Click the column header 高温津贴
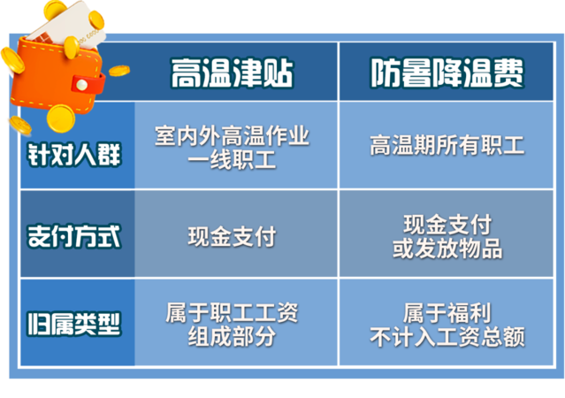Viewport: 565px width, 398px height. tap(232, 73)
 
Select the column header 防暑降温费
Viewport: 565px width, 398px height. tap(447, 73)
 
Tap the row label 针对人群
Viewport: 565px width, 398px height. tap(74, 155)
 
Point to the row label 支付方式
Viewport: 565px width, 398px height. tap(74, 236)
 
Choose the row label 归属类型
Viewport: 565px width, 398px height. tap(74, 324)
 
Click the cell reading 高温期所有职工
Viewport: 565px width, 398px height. tap(447, 145)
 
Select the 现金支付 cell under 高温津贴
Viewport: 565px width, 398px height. tap(232, 236)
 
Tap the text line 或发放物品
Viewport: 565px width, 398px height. tap(447, 249)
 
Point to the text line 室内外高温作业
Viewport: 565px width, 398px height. tap(232, 135)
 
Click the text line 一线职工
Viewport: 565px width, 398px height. tap(232, 159)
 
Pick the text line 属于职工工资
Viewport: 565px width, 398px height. tap(232, 312)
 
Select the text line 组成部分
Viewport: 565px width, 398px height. tap(232, 336)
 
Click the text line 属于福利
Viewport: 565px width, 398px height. tap(447, 313)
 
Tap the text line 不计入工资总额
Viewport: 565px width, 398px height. tap(447, 337)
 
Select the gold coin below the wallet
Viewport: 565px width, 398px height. tap(60, 118)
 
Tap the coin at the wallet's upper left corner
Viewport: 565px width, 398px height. tap(13, 60)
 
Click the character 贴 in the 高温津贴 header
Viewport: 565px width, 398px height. tap(279, 73)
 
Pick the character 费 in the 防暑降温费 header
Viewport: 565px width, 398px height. tap(508, 73)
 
